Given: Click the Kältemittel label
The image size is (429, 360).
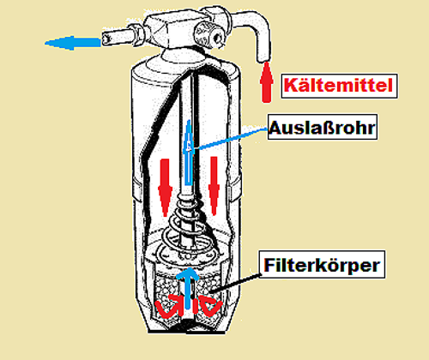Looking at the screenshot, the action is click(x=339, y=86).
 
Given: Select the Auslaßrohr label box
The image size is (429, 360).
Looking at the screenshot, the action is click(x=323, y=127).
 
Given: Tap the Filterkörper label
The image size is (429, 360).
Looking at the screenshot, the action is click(x=322, y=265).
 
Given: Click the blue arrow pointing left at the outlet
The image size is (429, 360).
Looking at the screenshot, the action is click(x=73, y=43).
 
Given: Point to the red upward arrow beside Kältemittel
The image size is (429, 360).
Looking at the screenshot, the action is click(x=266, y=82).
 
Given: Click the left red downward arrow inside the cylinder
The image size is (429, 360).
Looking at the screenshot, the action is click(x=165, y=187).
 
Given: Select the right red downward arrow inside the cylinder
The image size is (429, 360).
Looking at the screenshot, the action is click(x=214, y=185).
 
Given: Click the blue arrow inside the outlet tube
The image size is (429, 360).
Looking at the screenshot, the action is click(x=188, y=152).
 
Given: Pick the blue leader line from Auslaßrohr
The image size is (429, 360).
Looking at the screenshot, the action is click(x=230, y=139).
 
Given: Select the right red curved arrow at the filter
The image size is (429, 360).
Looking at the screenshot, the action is click(x=210, y=306).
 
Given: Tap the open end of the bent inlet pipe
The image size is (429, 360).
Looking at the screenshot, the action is click(x=263, y=59).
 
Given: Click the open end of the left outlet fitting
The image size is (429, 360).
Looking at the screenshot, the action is click(x=106, y=38).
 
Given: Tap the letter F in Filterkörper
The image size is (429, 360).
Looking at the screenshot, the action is click(x=269, y=265).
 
